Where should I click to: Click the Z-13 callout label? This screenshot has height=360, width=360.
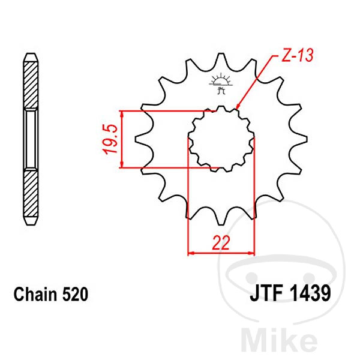(x=298, y=55)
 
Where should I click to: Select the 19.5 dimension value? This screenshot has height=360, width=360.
(x=110, y=139)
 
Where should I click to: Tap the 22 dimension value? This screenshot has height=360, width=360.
(x=221, y=242)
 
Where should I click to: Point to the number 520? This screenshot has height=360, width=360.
(x=75, y=294)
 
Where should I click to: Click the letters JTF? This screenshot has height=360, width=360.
(x=266, y=293)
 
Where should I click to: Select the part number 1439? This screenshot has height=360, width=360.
(x=310, y=293)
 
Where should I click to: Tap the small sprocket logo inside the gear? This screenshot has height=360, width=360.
(x=221, y=83)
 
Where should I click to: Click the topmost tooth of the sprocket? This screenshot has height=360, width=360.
(x=221, y=58)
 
